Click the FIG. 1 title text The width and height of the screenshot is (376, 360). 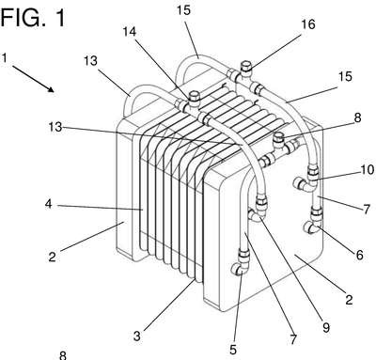point(33,17)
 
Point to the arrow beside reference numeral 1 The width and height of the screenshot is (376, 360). point(34,79)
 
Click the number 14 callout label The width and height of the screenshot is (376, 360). point(129,31)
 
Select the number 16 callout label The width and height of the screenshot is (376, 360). point(308,24)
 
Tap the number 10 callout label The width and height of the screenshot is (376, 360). point(368,169)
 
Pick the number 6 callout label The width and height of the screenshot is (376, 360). point(359,255)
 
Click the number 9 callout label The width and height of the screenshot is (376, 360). point(326,327)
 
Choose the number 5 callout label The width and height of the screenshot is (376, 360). point(233,350)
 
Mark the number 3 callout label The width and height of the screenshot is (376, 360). point(137,337)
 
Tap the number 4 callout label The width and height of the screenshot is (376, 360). point(48,204)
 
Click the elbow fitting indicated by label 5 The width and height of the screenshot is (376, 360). point(241,265)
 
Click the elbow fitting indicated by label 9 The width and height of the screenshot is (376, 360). point(258,213)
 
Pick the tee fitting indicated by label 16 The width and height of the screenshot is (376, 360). point(245,77)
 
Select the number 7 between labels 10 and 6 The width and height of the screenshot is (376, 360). point(366,209)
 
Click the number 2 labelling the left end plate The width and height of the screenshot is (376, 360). point(52,257)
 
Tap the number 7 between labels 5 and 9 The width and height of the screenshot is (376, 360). point(293,339)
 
